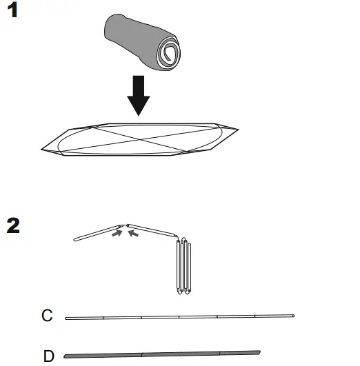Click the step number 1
13,12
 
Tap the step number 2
14,225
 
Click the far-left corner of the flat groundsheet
41,146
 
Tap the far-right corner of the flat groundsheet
238,129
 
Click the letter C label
47,316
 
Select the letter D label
48,356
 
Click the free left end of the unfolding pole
76,240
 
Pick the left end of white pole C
66,318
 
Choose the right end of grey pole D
259,352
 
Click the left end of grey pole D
65,356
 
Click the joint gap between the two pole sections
125,226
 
